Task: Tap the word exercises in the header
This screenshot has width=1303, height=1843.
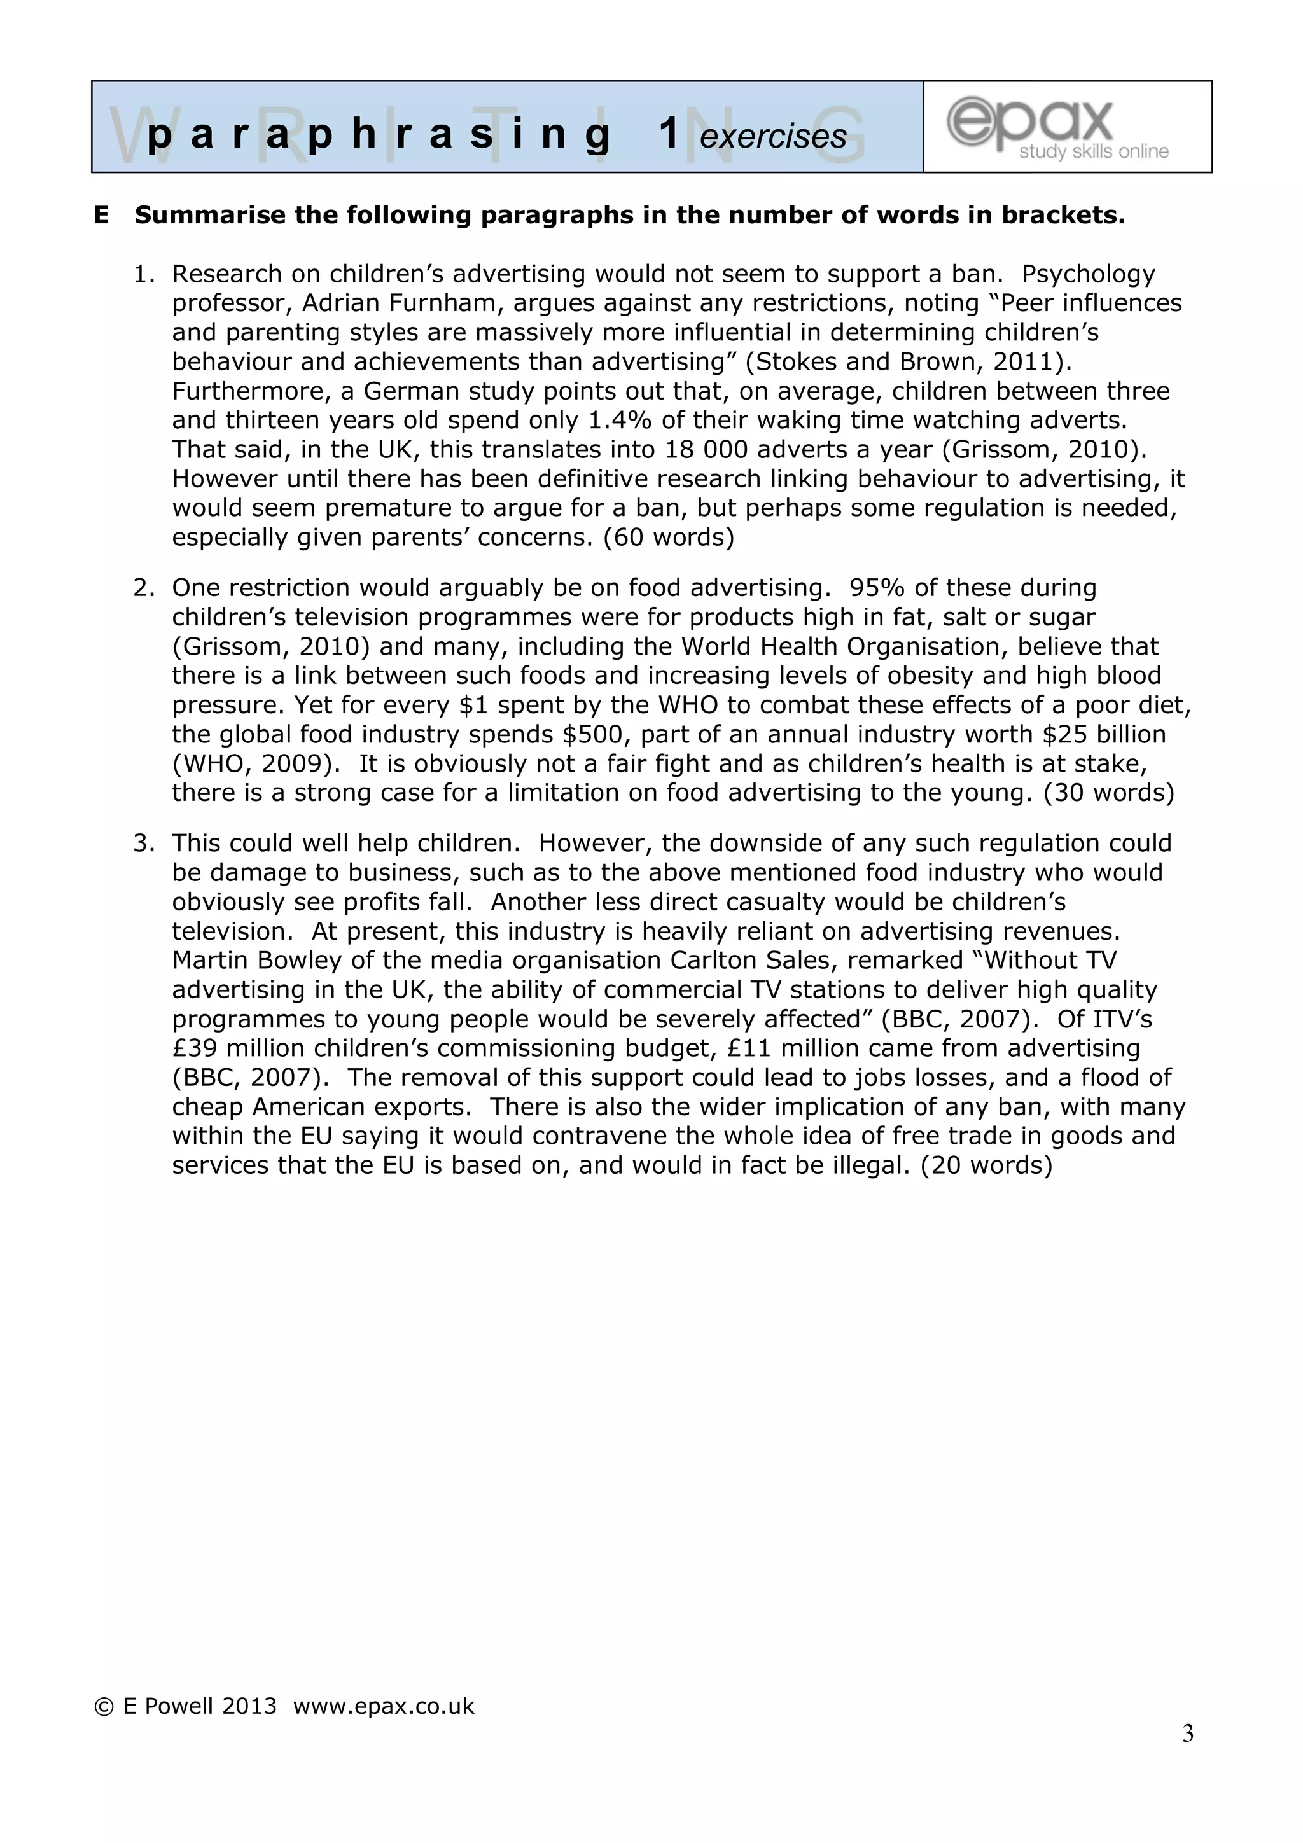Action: [772, 136]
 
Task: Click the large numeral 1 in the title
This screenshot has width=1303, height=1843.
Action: [669, 133]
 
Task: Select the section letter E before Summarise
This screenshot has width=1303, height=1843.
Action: [101, 216]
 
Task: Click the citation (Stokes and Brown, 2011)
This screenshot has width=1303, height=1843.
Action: [908, 362]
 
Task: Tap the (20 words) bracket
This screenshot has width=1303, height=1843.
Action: [986, 1165]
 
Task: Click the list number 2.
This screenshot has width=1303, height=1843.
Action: [143, 588]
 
